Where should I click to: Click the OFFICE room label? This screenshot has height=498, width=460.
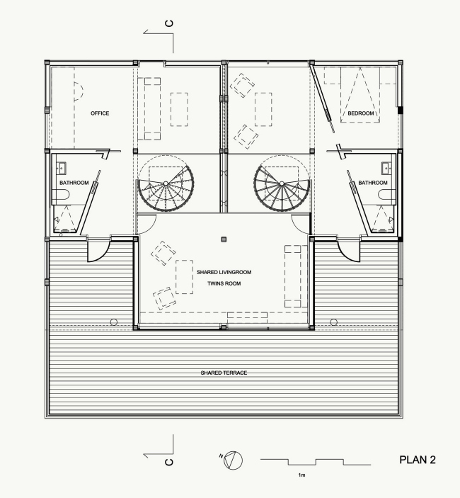(x=100, y=113)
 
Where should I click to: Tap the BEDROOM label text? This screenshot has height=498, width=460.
(x=361, y=113)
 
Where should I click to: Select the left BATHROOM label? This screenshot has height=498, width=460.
(x=74, y=183)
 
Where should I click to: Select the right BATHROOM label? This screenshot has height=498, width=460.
(x=373, y=183)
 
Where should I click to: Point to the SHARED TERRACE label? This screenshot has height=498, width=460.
(x=224, y=373)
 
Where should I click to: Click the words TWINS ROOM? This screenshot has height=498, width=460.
(x=224, y=283)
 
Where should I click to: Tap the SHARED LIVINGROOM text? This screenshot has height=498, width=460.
(x=224, y=272)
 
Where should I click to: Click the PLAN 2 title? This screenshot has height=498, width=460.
(x=418, y=460)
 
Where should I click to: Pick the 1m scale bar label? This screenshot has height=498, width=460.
(x=301, y=475)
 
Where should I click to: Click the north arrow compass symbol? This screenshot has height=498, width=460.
(x=233, y=460)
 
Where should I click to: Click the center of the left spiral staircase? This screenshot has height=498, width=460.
(x=166, y=183)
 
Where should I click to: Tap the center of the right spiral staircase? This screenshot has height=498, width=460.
(x=282, y=183)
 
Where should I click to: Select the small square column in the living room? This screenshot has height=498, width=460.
(x=224, y=239)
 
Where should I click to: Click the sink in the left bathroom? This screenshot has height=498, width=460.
(x=62, y=168)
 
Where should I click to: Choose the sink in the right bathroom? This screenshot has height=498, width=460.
(x=386, y=168)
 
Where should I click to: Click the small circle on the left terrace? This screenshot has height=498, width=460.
(x=113, y=322)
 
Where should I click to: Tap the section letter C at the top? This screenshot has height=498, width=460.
(x=169, y=23)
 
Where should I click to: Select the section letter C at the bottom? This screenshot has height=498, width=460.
(x=169, y=462)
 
